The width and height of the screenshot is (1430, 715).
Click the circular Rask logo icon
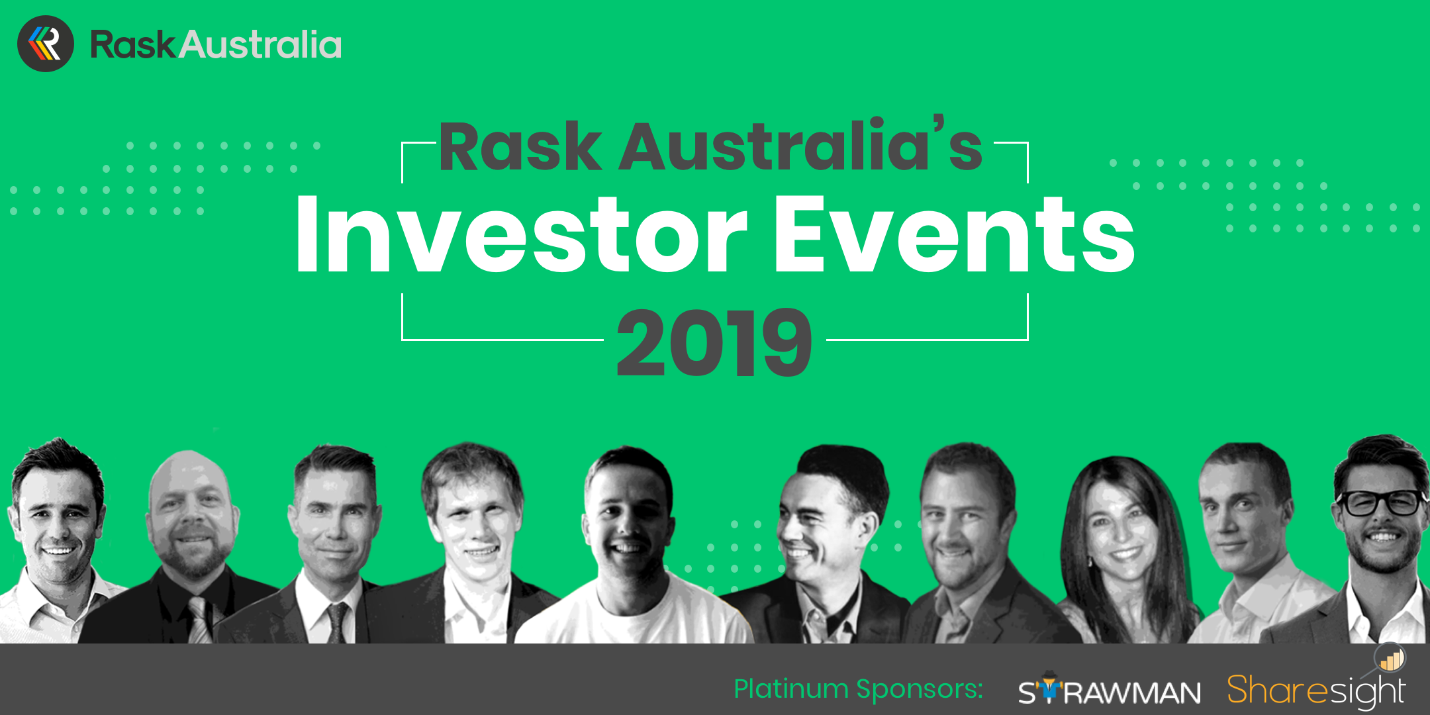46,44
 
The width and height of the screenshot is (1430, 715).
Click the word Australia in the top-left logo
261,45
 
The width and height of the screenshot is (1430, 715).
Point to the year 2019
714,342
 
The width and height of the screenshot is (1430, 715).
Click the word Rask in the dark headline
520,146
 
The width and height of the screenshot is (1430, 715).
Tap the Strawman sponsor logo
1110,691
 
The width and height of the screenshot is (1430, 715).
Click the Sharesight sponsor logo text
1316,691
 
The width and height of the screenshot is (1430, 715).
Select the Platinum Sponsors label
858,689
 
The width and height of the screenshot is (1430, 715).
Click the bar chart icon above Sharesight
1390,659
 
